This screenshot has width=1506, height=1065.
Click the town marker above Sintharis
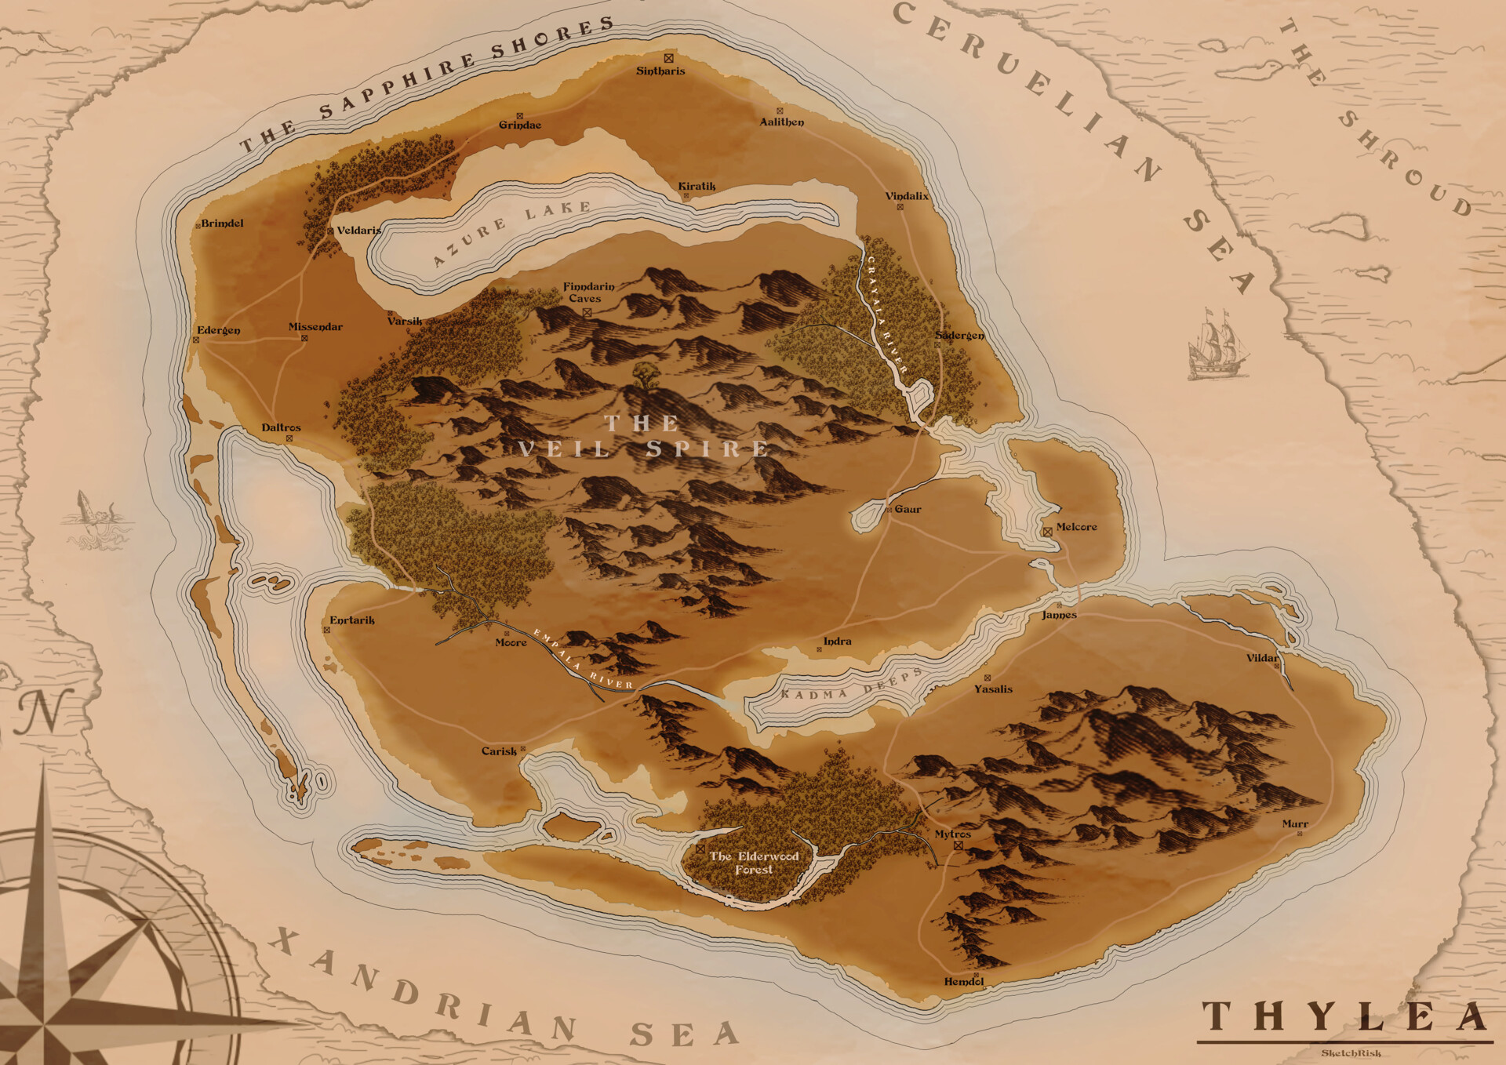click(x=668, y=58)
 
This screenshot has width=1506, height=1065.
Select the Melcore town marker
click(x=1047, y=532)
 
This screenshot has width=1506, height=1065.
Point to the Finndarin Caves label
click(x=588, y=293)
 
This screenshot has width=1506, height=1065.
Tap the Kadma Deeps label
click(x=852, y=685)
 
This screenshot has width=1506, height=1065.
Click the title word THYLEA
click(x=1344, y=1017)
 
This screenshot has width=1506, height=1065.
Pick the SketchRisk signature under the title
click(x=1351, y=1053)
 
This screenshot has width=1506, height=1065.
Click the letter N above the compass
click(x=44, y=712)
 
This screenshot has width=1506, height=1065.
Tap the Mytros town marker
click(x=958, y=846)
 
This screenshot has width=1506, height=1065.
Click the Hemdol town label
click(x=963, y=981)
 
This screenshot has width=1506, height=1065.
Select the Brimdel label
click(x=222, y=224)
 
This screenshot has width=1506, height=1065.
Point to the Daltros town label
click(x=281, y=427)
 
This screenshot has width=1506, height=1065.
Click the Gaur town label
click(x=908, y=509)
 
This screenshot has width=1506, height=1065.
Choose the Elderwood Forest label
click(x=754, y=863)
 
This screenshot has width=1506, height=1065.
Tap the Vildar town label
click(x=1261, y=658)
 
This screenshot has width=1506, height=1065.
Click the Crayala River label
click(x=886, y=314)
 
